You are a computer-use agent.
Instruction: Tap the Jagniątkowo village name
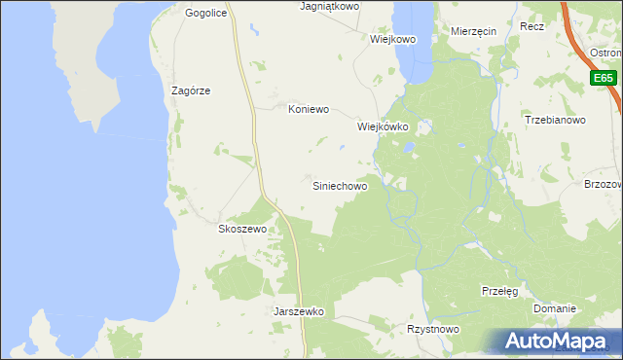[329, 6]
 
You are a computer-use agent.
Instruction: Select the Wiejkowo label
[393, 40]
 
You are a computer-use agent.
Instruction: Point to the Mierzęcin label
[474, 31]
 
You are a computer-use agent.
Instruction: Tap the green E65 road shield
[604, 78]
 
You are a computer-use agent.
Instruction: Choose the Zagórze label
[191, 90]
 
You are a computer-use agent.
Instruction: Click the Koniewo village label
[310, 110]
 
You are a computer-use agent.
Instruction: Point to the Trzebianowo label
[554, 121]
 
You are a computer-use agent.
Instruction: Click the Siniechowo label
[339, 185]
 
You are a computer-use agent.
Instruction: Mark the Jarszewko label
[299, 312]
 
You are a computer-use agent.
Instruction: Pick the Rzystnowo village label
[433, 330]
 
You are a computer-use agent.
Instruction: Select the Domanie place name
[554, 308]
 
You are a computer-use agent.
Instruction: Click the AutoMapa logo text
[566, 342]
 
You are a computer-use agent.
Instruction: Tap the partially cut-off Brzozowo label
[603, 184]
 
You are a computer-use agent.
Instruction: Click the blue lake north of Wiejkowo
[413, 39]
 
